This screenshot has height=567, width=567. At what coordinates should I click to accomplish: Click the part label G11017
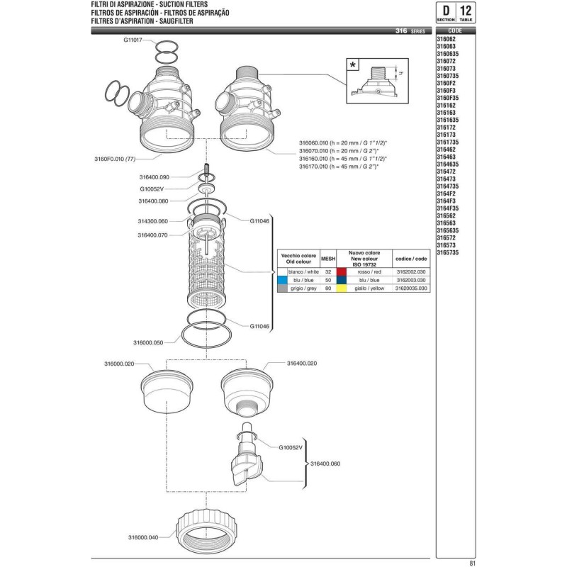(x=134, y=40)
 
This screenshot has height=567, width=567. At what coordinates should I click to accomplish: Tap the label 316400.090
(x=155, y=177)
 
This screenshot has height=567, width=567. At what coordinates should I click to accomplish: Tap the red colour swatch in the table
(x=341, y=271)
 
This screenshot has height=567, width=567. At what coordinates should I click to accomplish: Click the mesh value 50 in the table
(x=327, y=280)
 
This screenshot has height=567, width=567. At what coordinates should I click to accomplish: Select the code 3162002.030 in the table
(x=412, y=271)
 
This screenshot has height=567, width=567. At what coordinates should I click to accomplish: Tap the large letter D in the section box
(x=445, y=11)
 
